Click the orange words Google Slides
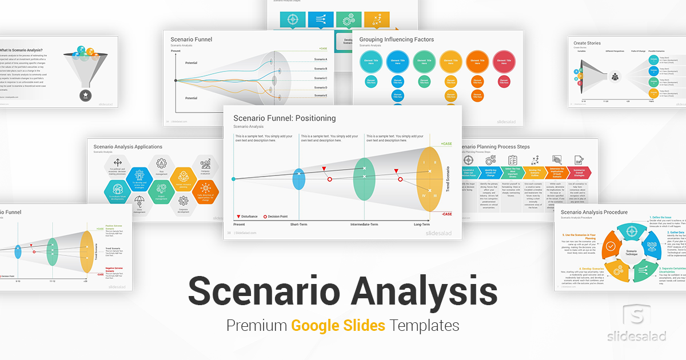pos(338,326)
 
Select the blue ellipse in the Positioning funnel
pos(299,179)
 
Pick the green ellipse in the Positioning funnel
pos(364,171)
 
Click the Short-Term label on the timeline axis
pos(301,225)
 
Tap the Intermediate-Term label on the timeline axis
pos(364,225)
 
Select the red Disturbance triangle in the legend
pos(238,217)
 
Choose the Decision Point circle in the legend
pos(265,217)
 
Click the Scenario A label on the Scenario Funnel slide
pos(321,59)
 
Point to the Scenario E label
pos(321,95)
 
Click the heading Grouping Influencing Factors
pos(396,40)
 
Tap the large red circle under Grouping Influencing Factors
pos(503,60)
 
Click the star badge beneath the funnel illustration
pos(85,94)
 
